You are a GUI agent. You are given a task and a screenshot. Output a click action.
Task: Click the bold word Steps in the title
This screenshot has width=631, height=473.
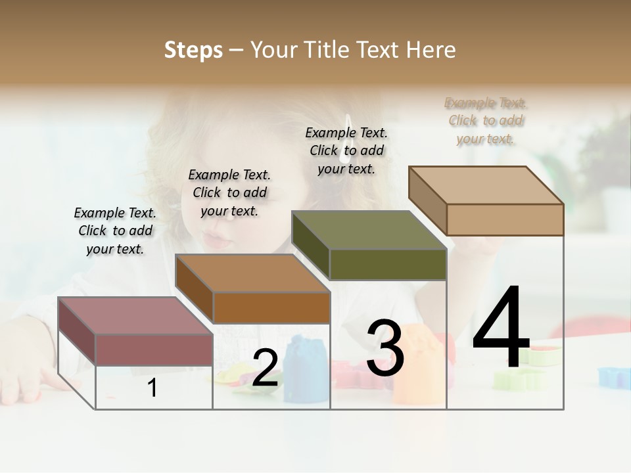pyautogui.click(x=193, y=50)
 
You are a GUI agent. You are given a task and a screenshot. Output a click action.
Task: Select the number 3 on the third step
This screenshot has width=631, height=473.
pyautogui.click(x=385, y=348)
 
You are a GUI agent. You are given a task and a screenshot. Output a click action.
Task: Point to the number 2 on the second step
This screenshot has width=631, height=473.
pyautogui.click(x=265, y=368)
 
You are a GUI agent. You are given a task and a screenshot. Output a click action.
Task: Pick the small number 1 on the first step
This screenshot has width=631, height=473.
pyautogui.click(x=152, y=388)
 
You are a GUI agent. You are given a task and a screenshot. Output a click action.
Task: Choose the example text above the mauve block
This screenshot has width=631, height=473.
pyautogui.click(x=115, y=231)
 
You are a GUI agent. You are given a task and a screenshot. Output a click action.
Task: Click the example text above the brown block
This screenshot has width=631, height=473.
pyautogui.click(x=229, y=192)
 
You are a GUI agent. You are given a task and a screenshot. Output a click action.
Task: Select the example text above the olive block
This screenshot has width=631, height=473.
pyautogui.click(x=346, y=150)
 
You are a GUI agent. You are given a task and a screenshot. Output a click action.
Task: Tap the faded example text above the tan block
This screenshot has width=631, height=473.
pyautogui.click(x=486, y=120)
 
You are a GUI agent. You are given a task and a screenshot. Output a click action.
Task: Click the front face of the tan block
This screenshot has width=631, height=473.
pyautogui.click(x=505, y=219)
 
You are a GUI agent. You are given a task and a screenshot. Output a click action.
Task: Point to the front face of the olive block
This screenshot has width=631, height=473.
pyautogui.click(x=388, y=264)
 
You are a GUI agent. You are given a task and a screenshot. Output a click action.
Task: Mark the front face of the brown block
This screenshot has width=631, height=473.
pyautogui.click(x=271, y=307)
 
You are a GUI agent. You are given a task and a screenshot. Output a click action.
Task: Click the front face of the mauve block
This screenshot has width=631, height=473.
pyautogui.click(x=154, y=349)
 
